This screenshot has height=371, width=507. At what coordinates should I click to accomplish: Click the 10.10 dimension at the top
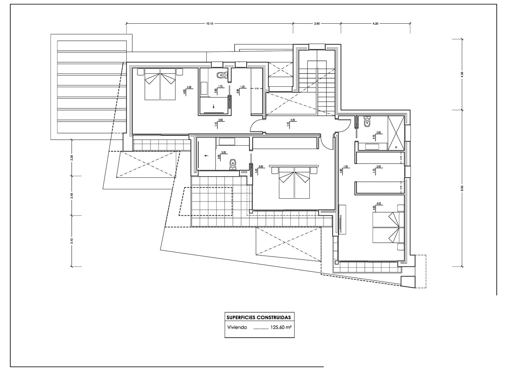210,24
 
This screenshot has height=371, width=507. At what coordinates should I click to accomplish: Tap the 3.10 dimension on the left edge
72,241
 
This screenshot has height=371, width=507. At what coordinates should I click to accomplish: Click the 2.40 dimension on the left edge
72,195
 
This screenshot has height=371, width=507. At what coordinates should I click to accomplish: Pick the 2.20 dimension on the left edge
72,158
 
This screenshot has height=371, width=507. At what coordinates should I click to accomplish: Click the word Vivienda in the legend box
237,327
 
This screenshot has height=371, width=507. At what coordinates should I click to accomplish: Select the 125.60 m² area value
281,327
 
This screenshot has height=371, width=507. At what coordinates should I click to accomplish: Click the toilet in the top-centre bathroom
221,75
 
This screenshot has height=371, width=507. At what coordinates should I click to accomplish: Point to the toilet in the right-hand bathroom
367,122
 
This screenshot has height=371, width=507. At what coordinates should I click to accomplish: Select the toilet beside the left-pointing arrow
233,163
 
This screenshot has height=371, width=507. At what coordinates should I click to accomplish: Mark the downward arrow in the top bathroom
214,106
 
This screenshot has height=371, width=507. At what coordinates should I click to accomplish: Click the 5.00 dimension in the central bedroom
261,167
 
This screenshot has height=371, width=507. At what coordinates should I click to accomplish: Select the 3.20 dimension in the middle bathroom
223,152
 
